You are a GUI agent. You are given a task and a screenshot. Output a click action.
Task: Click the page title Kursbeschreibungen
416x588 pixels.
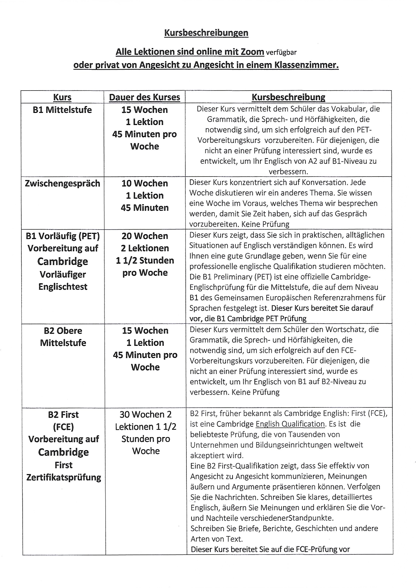206,33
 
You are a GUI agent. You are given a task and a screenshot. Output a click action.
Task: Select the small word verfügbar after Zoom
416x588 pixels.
281,53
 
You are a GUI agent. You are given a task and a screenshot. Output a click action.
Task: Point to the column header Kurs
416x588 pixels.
62,97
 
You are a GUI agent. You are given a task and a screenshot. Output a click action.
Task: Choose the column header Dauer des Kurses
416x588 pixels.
144,97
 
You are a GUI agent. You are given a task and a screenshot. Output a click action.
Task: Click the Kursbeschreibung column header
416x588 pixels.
288,97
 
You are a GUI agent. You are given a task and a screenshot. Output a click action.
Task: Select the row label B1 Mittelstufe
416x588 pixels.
62,110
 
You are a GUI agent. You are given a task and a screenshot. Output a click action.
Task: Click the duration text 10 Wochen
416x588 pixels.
144,183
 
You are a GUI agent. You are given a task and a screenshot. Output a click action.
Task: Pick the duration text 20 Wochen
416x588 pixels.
145,236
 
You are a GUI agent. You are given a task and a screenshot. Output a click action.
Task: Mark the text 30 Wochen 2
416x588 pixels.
145,414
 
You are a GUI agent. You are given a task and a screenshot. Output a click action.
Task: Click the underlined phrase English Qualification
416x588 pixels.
290,424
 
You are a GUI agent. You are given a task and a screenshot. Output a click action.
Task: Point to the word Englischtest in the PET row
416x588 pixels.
63,286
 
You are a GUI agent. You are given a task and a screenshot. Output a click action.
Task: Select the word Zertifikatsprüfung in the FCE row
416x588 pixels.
64,477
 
